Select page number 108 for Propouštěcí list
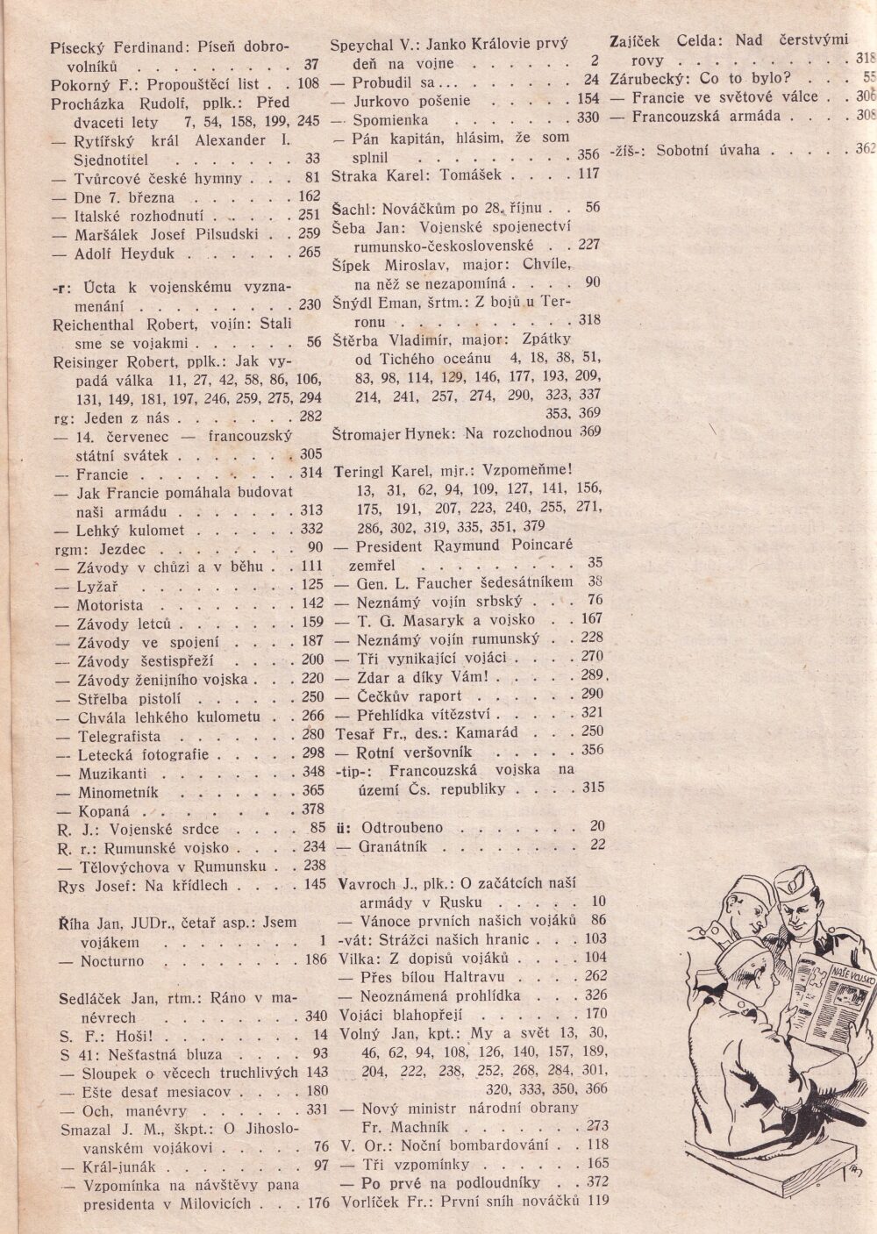(x=308, y=85)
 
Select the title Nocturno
(x=112, y=961)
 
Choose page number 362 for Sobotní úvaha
(x=865, y=149)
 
